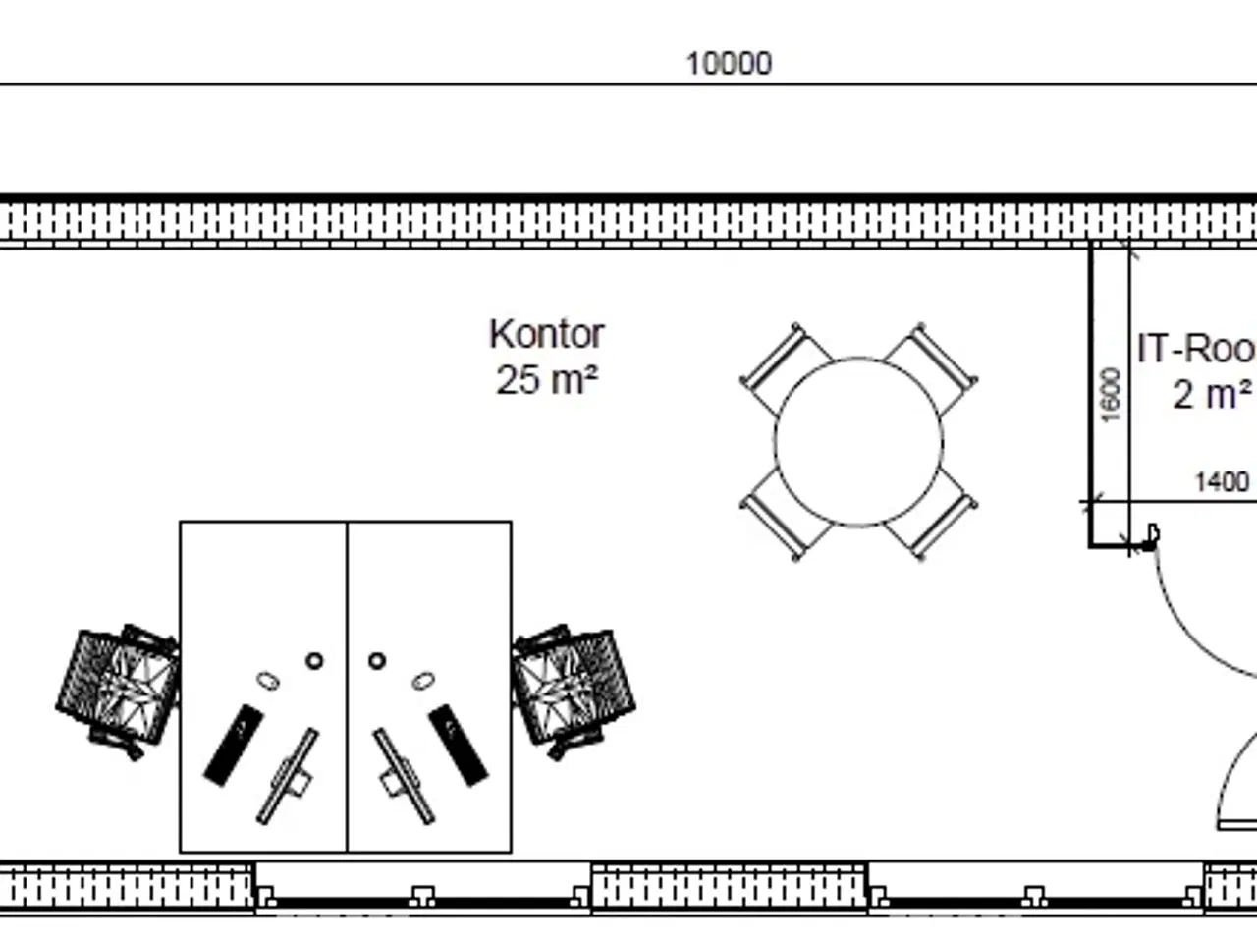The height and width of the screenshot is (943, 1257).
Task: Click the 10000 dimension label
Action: (x=729, y=64)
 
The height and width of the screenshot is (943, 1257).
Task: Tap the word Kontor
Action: (x=546, y=334)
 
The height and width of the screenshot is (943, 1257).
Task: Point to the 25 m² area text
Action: (x=546, y=379)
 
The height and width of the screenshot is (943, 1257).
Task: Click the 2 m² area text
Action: (x=1212, y=394)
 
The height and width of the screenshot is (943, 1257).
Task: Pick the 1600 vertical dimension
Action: (x=1111, y=395)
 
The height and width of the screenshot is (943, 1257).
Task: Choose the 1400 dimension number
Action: (x=1221, y=482)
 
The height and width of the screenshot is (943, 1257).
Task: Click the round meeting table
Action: (x=858, y=442)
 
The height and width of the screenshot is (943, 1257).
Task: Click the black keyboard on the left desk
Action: (x=231, y=744)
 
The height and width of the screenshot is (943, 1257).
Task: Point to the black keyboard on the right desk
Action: (x=459, y=744)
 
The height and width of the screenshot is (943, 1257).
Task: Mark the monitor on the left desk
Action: (x=288, y=776)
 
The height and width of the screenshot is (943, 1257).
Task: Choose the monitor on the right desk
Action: (x=403, y=776)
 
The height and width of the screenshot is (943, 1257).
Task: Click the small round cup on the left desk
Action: (x=314, y=661)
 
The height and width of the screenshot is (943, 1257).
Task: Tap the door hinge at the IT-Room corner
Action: (x=1151, y=538)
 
